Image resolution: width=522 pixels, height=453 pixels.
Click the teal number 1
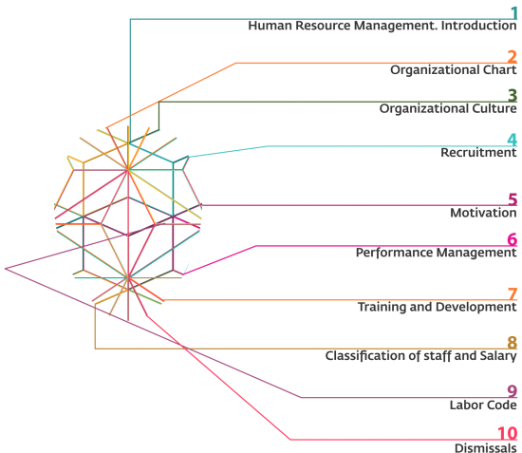tap(514, 13)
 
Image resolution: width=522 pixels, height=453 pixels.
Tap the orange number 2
tap(513, 57)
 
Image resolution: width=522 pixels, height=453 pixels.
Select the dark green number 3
tap(513, 96)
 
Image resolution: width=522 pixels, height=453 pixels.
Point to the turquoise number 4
tap(513, 140)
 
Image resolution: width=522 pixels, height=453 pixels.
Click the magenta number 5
tap(513, 199)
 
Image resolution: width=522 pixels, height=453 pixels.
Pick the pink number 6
tap(513, 240)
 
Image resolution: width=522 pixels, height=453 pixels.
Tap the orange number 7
tap(513, 294)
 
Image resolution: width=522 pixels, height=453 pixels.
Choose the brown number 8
tap(513, 343)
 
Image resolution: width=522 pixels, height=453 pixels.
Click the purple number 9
tap(513, 391)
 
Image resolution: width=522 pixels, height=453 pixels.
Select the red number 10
tap(508, 434)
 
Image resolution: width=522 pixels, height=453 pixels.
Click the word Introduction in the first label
tap(478, 26)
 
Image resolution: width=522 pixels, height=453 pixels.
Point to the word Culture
tap(495, 108)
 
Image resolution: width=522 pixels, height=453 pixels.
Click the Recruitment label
tap(478, 153)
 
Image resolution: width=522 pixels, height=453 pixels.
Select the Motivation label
tap(483, 213)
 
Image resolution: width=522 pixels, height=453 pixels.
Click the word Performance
tap(388, 253)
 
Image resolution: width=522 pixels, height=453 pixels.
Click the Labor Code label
tap(483, 405)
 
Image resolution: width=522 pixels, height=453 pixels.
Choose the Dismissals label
tap(486, 447)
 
